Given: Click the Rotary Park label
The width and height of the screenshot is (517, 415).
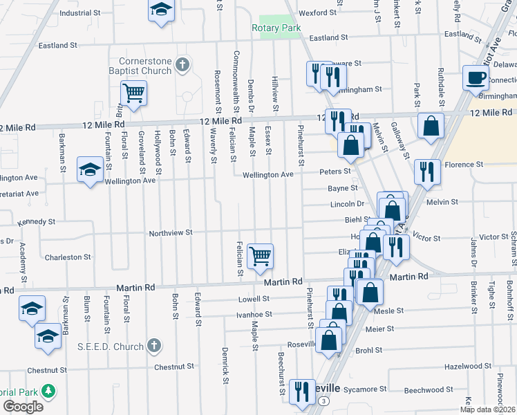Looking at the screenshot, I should (x=276, y=28).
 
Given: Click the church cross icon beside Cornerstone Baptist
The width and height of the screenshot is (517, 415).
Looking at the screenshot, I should (x=182, y=65).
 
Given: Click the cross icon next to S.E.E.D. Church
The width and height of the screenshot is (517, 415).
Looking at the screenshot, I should (x=154, y=345).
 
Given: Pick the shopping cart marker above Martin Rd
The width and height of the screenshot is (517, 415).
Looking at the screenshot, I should (x=260, y=255).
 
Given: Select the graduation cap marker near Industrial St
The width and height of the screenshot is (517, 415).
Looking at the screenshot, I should (x=161, y=10).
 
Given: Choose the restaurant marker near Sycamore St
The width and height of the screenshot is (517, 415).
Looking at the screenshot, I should (x=301, y=391).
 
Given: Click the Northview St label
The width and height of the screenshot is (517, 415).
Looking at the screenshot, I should (x=171, y=233).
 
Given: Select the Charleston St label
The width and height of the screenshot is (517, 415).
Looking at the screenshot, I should (x=64, y=257).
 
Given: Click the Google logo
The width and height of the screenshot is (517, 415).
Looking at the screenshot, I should (x=23, y=406).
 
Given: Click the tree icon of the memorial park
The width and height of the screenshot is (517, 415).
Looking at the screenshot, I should (x=48, y=391).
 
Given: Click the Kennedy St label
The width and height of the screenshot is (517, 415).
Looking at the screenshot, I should (x=36, y=222).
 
